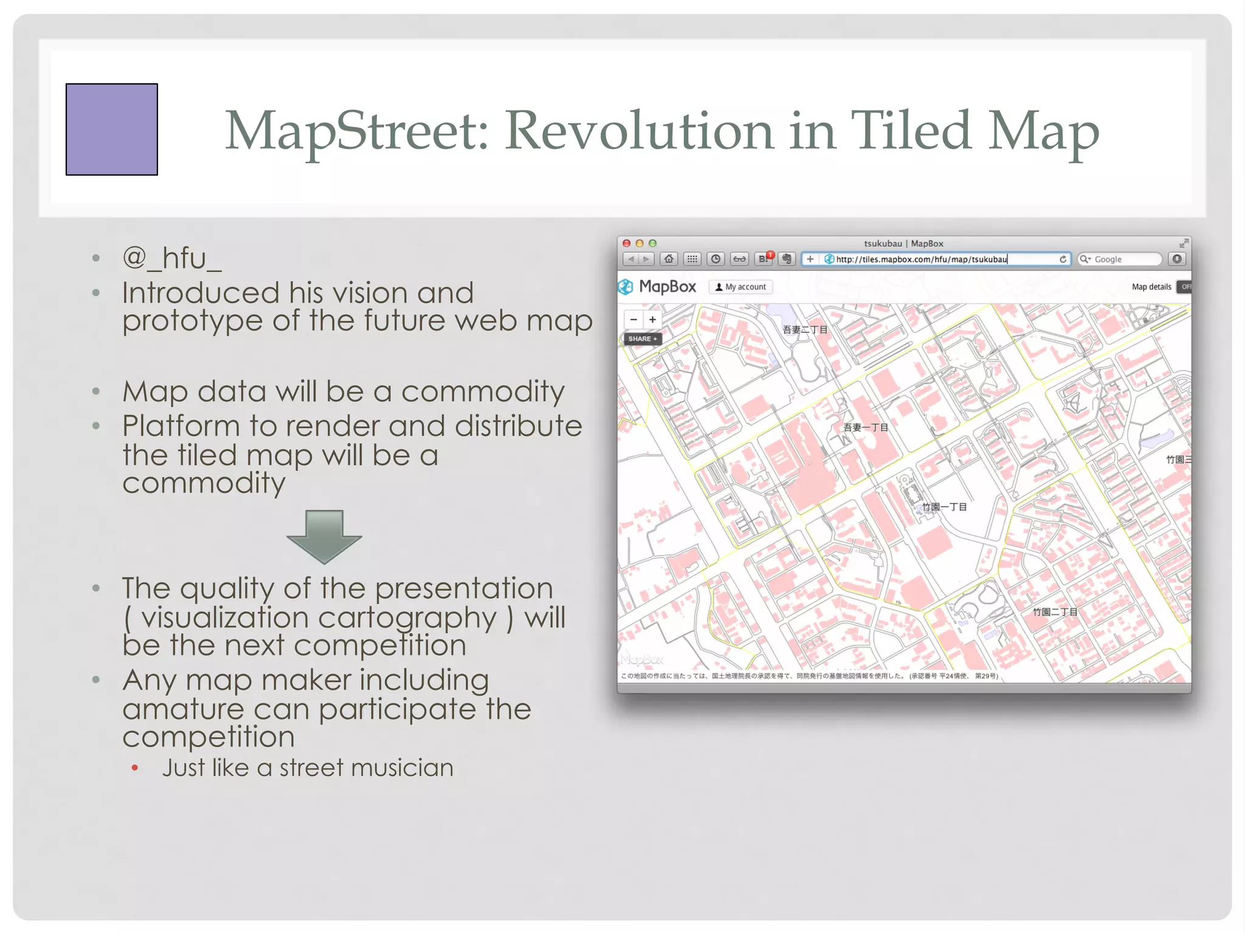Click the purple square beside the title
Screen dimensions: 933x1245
[x=112, y=129]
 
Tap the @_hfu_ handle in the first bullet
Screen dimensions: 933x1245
[x=172, y=258]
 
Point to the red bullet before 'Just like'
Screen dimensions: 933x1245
[x=135, y=769]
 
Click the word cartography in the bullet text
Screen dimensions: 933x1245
[x=407, y=618]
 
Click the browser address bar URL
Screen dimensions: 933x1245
[x=921, y=260]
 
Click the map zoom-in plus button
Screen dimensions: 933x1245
[x=652, y=320]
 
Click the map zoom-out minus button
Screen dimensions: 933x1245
[x=633, y=320]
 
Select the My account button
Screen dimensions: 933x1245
[x=740, y=287]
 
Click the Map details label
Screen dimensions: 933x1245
[x=1151, y=287]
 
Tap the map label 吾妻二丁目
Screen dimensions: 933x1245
[x=805, y=330]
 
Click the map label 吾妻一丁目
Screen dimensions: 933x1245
[x=866, y=427]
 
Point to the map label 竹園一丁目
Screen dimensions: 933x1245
[x=944, y=507]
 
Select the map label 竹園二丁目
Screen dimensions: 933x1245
[x=1055, y=612]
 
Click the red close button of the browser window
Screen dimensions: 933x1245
[x=627, y=243]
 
